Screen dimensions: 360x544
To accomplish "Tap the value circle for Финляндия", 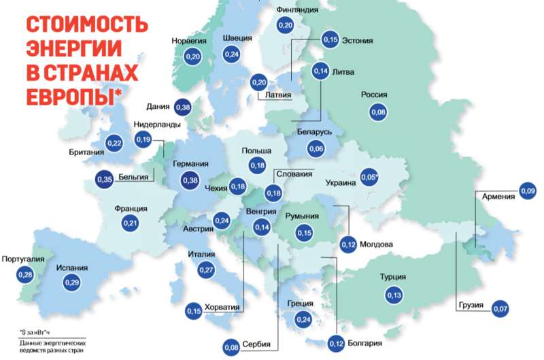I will (x=286, y=25).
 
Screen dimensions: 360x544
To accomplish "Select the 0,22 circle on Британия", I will (x=115, y=143).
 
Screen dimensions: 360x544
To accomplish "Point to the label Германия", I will (x=190, y=164).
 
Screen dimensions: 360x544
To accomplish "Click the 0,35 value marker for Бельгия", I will (x=104, y=180).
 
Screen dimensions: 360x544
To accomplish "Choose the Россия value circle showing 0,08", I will (x=378, y=112).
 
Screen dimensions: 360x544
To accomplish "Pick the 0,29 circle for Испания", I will (x=71, y=282).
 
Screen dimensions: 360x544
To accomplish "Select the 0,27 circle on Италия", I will (x=206, y=270).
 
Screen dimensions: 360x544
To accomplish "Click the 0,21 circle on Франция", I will (x=130, y=223).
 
